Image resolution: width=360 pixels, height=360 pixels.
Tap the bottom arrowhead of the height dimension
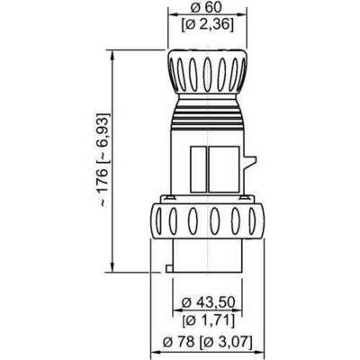[112, 267]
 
